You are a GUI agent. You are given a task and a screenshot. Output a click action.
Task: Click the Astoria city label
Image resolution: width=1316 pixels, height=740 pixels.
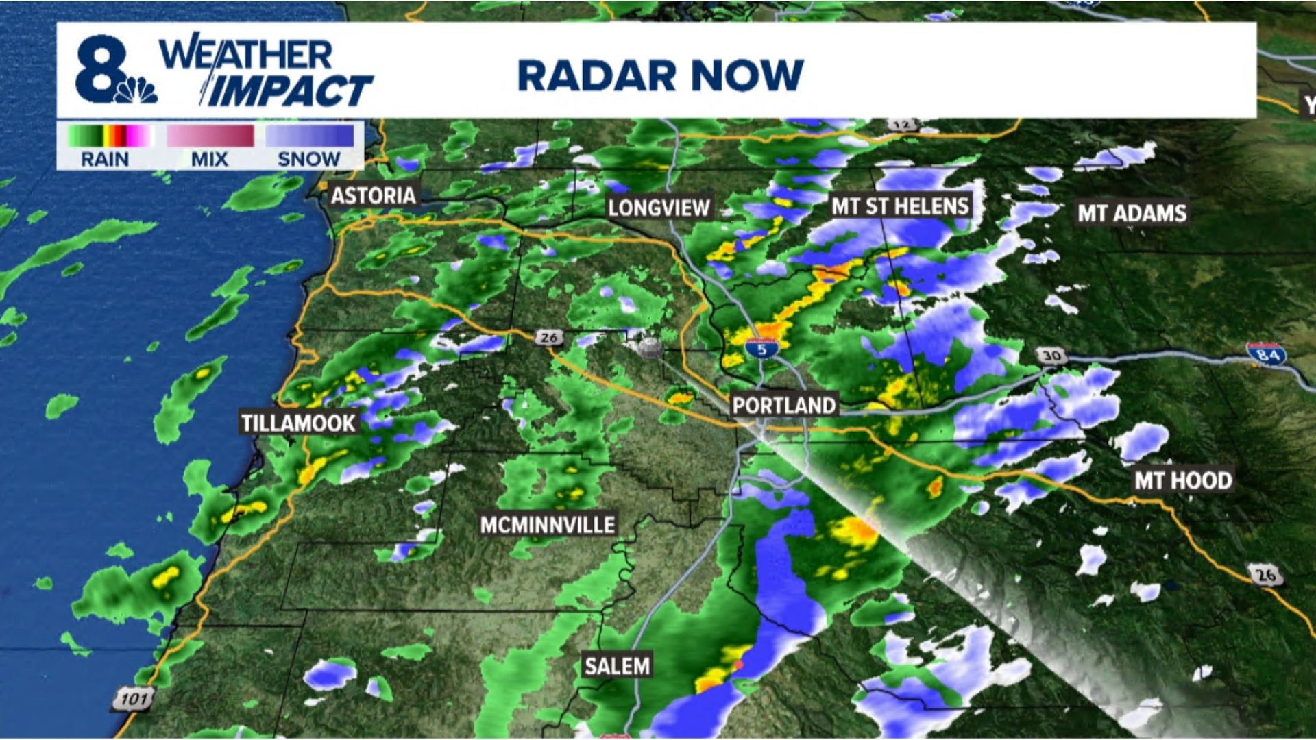[374, 196]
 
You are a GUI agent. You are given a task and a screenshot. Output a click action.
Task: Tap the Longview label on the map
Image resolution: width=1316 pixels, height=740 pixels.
[659, 208]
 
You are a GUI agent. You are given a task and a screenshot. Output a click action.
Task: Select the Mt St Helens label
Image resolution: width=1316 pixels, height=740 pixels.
[900, 206]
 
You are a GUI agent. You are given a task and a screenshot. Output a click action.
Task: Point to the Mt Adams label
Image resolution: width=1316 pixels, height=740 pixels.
[1132, 213]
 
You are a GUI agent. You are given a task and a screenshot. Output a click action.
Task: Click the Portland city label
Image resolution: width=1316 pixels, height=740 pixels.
[783, 406]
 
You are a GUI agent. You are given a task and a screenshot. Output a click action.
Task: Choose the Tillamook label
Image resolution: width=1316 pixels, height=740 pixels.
[298, 423]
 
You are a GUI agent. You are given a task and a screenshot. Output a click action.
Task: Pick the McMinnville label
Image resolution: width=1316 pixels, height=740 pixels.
[548, 526]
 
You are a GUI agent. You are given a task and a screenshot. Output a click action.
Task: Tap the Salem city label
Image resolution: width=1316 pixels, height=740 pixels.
[617, 666]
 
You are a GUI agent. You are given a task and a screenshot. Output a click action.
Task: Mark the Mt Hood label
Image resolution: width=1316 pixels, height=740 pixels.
[1183, 480]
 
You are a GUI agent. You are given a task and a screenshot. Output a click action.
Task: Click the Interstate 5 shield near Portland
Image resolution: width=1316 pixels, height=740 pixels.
[761, 349]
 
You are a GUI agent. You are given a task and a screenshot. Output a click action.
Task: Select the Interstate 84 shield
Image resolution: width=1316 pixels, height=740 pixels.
[1265, 354]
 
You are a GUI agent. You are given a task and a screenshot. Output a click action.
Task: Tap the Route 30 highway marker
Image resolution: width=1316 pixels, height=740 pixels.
[1051, 356]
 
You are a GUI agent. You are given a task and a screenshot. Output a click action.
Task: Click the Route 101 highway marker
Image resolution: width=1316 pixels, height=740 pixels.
[133, 699]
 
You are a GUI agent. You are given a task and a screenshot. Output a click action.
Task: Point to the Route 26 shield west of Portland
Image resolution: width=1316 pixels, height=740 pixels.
[548, 337]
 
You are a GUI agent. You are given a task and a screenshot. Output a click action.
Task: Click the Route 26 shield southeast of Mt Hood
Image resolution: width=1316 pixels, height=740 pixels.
[1265, 575]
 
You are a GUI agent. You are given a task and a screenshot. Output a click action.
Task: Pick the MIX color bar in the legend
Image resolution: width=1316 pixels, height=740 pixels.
[210, 136]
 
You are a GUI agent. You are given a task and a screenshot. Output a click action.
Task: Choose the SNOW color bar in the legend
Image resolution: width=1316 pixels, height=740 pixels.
[310, 136]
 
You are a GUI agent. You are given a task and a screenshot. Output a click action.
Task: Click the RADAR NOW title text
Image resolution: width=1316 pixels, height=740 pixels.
[660, 75]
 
